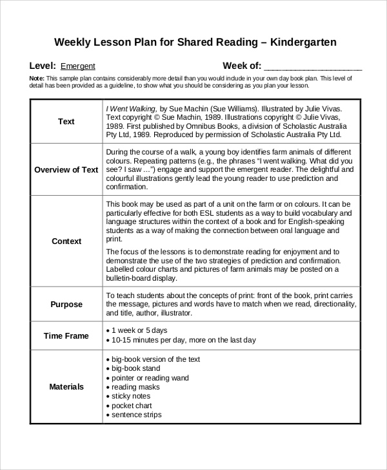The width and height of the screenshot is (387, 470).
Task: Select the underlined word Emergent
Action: tap(78, 66)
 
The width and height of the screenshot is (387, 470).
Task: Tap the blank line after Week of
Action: tap(313, 66)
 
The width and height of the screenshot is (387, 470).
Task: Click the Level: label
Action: tap(43, 66)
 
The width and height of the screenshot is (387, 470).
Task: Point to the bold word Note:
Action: tap(37, 78)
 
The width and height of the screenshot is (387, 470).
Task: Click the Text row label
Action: tap(66, 122)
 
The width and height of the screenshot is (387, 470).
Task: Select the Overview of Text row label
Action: tap(66, 170)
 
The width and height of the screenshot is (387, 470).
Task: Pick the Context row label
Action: tap(66, 241)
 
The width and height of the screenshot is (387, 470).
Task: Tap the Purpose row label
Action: tap(66, 304)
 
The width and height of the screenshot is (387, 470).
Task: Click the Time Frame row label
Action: tap(66, 335)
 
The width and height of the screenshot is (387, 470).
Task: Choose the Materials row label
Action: tap(66, 387)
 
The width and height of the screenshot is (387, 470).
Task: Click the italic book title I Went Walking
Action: tap(131, 109)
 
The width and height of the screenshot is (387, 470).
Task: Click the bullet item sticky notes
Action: tap(134, 397)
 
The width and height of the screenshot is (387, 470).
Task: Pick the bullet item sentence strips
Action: tap(137, 415)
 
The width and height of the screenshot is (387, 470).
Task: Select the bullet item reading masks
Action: tap(137, 388)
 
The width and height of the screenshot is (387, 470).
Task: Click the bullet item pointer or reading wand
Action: tap(150, 378)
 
